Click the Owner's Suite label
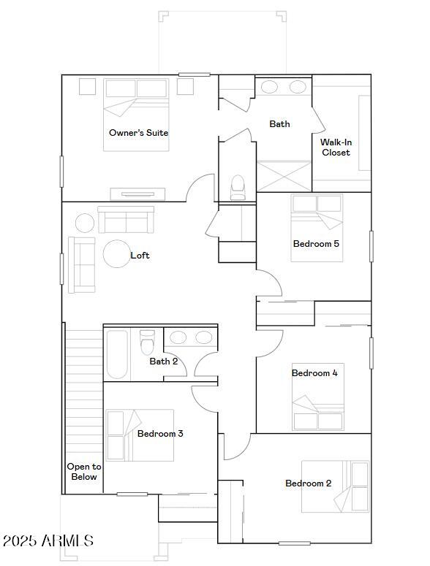point(138,133)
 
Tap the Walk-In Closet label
point(336,147)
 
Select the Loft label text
point(140,256)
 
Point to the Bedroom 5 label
point(316,244)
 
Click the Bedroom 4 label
point(314,373)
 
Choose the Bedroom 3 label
point(160,434)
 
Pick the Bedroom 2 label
point(308,483)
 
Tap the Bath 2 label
point(164,362)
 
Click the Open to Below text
point(84,472)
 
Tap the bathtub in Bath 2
point(117,354)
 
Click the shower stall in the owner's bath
point(284,176)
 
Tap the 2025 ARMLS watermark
point(48,541)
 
